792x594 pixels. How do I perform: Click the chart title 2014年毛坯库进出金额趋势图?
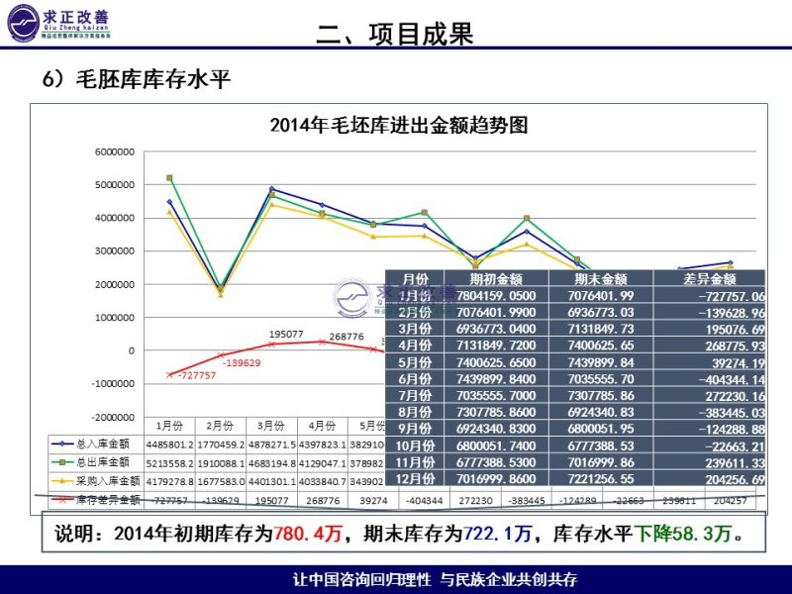click(398, 125)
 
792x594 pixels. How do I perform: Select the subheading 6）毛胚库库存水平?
click(136, 80)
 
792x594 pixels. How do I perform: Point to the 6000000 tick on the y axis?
click(115, 151)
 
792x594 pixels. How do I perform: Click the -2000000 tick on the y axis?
click(114, 417)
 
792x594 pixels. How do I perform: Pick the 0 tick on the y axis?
click(131, 350)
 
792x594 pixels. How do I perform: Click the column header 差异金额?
click(703, 280)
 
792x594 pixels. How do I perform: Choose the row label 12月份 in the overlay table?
click(409, 477)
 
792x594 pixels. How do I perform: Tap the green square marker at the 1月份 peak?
click(169, 178)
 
